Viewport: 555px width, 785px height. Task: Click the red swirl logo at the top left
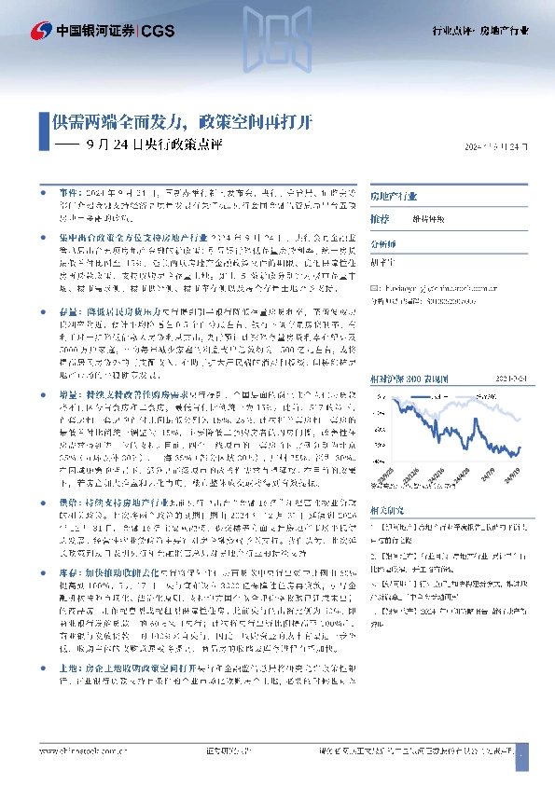(42, 30)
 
